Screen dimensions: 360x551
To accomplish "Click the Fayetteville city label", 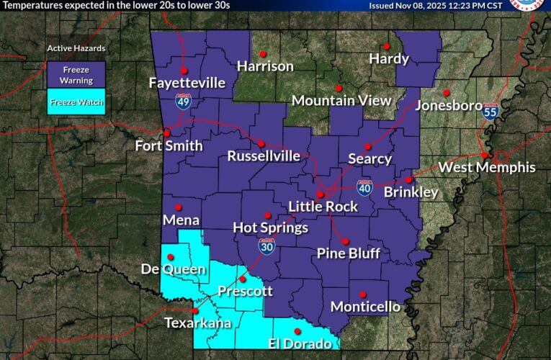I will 187,83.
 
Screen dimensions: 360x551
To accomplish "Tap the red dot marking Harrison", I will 263,54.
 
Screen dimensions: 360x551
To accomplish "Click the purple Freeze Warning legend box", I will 76,76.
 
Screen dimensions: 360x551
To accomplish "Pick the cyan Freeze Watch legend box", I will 76,102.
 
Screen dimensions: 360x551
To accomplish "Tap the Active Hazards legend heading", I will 76,48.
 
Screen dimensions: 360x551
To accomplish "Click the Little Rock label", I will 323,207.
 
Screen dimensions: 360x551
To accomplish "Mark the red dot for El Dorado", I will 297,331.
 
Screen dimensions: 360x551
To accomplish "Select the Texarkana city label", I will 197,323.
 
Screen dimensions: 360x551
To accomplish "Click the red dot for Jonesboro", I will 446,92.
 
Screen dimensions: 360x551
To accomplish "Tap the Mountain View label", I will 341,101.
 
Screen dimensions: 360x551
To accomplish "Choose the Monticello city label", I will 365,307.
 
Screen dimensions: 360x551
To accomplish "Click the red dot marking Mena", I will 178,207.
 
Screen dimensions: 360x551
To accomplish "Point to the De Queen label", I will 173,269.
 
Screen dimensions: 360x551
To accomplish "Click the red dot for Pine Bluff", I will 345,241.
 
